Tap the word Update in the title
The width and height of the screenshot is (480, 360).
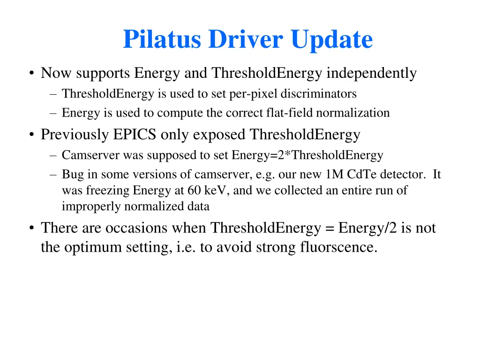[331, 40]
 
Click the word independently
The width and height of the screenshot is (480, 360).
[371, 73]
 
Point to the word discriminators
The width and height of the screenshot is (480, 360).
[319, 94]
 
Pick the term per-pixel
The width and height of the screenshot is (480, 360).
[255, 94]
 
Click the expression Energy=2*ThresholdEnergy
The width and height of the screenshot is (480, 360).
[307, 155]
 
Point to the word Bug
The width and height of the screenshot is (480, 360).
[71, 175]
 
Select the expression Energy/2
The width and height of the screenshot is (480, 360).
[363, 228]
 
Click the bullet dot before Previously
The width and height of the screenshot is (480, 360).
[31, 135]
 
